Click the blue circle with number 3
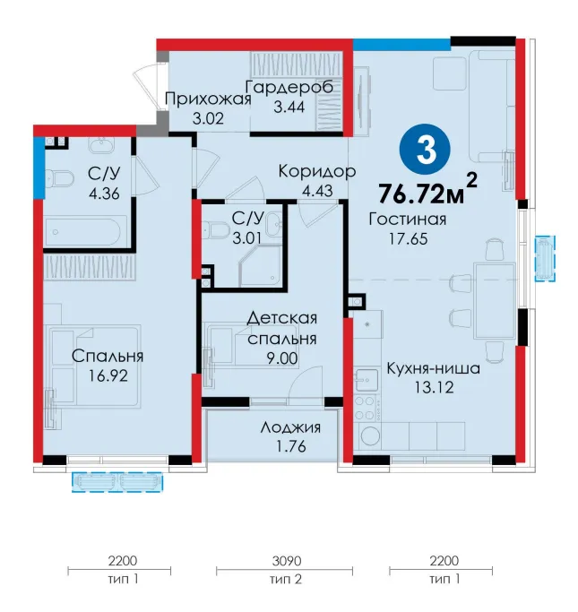[x=425, y=150]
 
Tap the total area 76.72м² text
[x=427, y=190]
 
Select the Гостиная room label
[x=408, y=220]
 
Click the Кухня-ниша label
[x=433, y=368]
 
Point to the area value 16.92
[x=108, y=375]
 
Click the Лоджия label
[x=290, y=427]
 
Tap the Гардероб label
[x=289, y=87]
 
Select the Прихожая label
[x=208, y=99]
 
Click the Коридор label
[x=317, y=171]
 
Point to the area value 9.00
[x=282, y=358]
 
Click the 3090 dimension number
[x=287, y=561]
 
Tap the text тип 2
[x=286, y=579]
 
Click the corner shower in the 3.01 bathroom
[x=260, y=266]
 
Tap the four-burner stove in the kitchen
[x=366, y=409]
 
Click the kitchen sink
[x=367, y=379]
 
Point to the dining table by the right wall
[x=495, y=301]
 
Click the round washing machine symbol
[x=370, y=436]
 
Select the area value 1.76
[x=290, y=446]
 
